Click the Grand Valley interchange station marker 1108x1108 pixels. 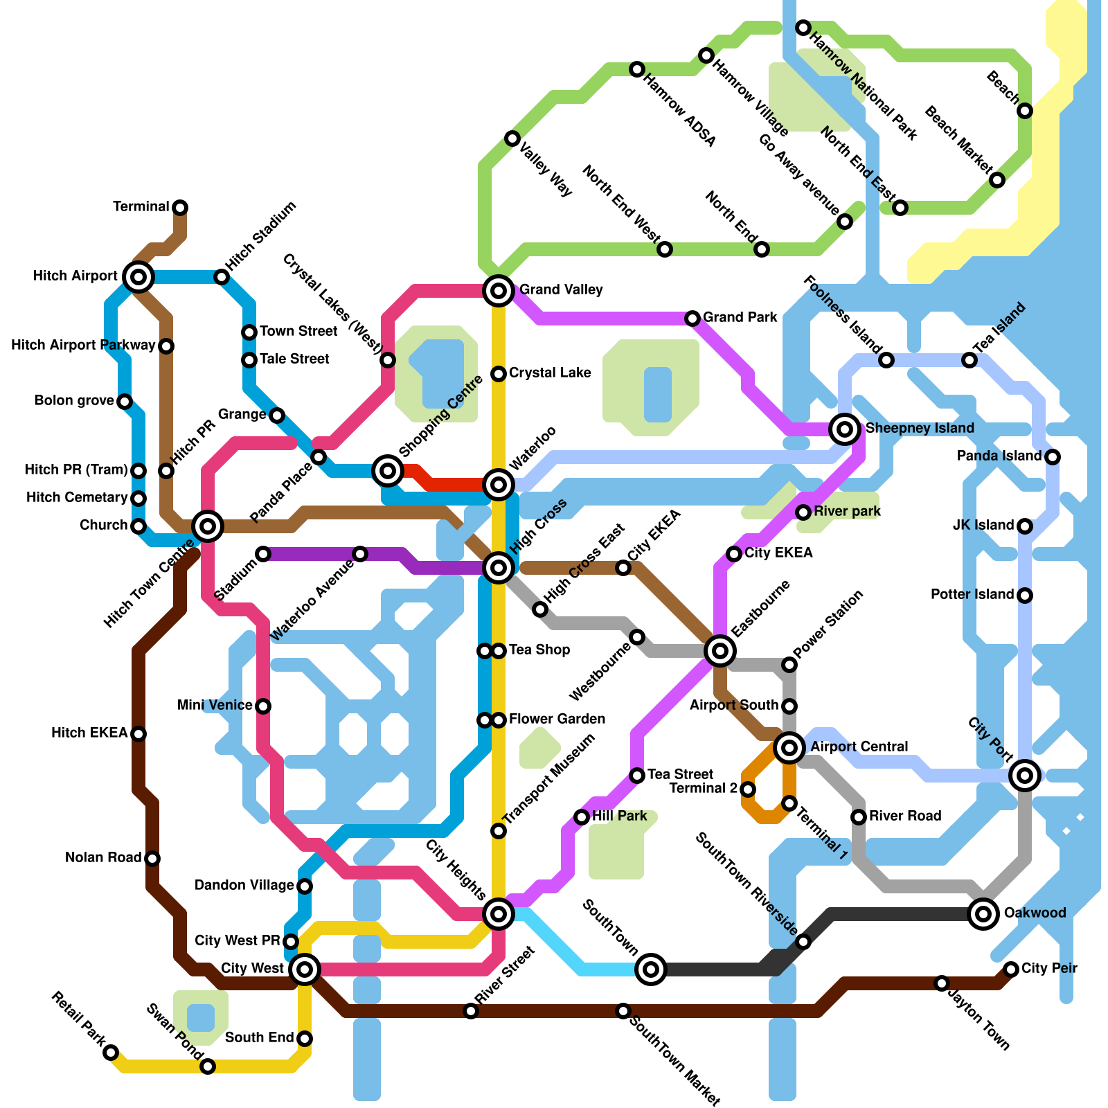pos(499,290)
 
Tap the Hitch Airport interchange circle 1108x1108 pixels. pos(138,277)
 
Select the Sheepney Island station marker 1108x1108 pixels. pos(844,429)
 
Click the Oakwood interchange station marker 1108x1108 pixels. pos(983,914)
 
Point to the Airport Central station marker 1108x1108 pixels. pos(789,748)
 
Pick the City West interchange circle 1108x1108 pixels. pos(305,969)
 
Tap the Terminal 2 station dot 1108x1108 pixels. pos(748,789)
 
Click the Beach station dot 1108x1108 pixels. pos(1025,111)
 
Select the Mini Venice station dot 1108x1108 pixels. pos(263,706)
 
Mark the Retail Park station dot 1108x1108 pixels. pos(111,1053)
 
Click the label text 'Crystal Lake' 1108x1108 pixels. pos(550,373)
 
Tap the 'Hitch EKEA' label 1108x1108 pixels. pos(89,733)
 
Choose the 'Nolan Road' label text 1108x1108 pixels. pos(103,857)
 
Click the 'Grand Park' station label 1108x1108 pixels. pos(740,317)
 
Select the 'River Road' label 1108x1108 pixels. pos(904,816)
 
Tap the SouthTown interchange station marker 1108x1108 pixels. pos(651,969)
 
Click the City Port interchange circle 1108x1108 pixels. pos(1025,776)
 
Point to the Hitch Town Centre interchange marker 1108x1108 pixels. pos(208,526)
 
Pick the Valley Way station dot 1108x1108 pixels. pos(512,138)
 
